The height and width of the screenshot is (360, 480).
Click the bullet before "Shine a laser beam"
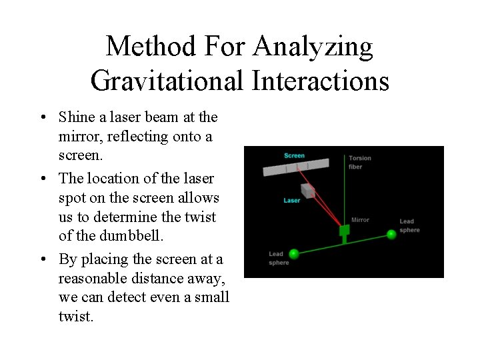click(x=43, y=118)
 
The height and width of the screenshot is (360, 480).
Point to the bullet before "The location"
click(x=43, y=179)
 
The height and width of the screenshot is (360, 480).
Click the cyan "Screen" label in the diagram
click(x=294, y=155)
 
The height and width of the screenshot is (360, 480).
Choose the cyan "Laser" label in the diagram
click(x=292, y=200)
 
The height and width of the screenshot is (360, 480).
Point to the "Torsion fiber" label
click(x=360, y=162)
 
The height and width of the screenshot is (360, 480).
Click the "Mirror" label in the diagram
click(x=360, y=220)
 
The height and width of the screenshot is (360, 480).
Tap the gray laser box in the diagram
click(x=308, y=191)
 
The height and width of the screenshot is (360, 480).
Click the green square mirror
click(x=345, y=231)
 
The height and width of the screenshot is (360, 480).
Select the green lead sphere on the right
click(x=392, y=234)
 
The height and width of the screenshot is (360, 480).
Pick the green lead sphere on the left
click(x=293, y=252)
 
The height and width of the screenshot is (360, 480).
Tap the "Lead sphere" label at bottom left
click(x=278, y=259)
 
